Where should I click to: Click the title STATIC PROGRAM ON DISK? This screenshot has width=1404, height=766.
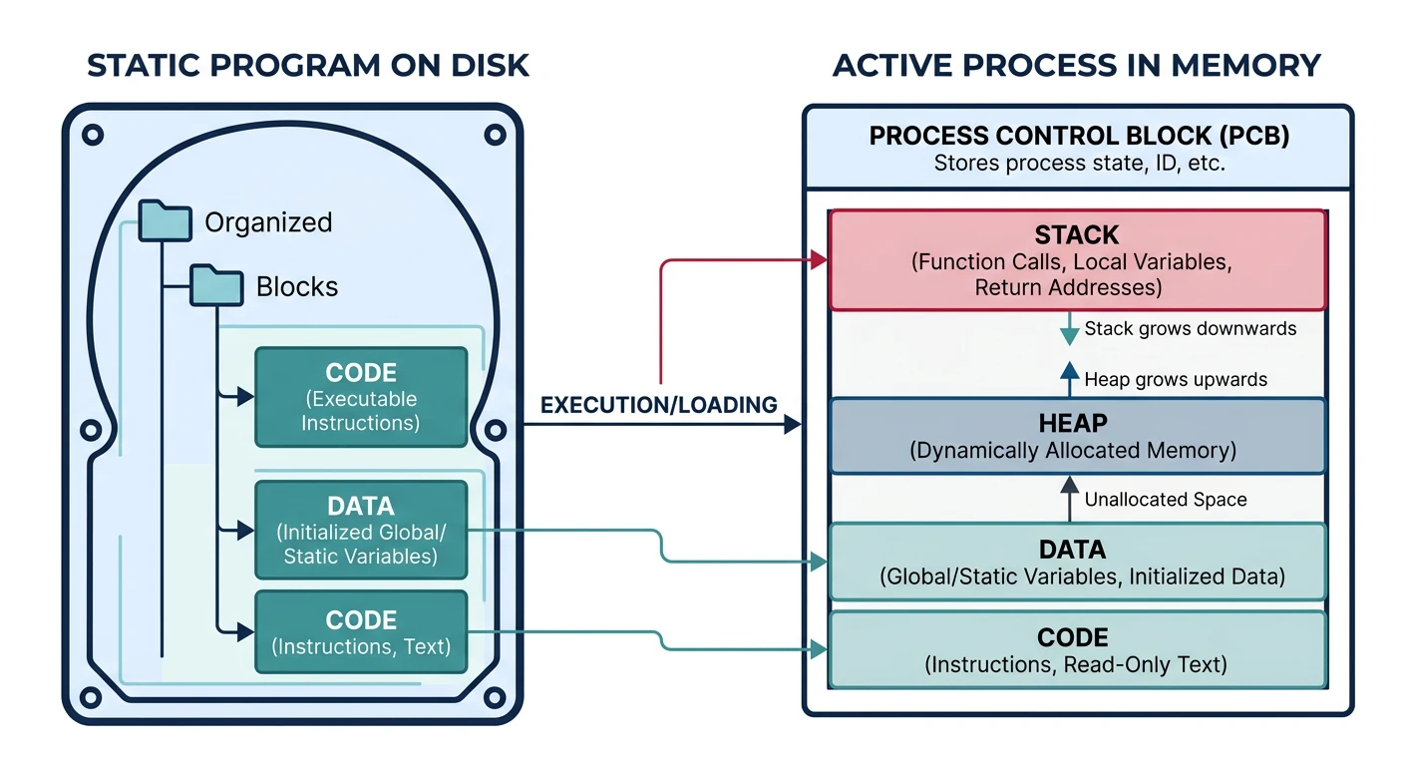[x=308, y=65]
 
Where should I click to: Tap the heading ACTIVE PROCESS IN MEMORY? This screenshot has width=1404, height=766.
[x=1076, y=65]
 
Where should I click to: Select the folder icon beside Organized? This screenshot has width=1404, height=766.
[x=165, y=220]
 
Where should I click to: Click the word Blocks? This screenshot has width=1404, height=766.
[x=297, y=287]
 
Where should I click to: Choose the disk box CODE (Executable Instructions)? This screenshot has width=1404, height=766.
[x=361, y=397]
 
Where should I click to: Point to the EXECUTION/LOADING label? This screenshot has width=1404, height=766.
[x=658, y=405]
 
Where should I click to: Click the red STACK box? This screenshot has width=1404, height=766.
[x=1077, y=260]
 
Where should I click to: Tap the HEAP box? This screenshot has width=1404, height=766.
[x=1077, y=437]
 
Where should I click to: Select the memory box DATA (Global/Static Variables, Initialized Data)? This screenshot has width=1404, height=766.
[x=1077, y=562]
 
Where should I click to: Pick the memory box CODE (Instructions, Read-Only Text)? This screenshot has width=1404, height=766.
[x=1077, y=649]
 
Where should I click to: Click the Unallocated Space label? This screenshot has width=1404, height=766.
[x=1165, y=499]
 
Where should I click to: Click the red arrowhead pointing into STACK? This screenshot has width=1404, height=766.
[x=820, y=260]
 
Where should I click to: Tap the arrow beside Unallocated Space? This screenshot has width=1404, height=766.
[x=1069, y=498]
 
